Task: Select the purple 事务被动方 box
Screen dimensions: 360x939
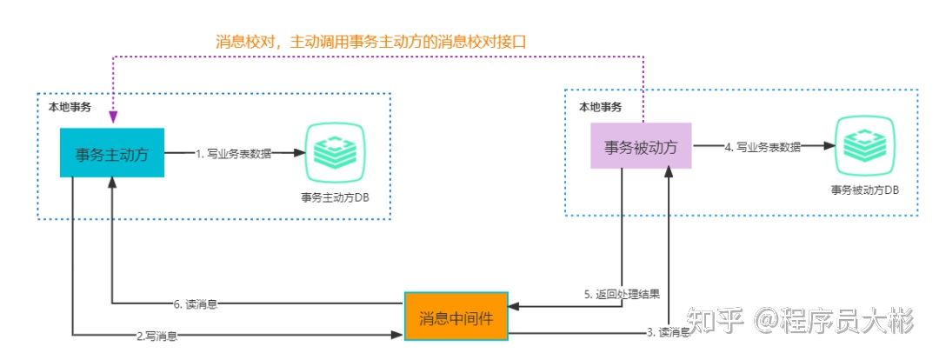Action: pyautogui.click(x=641, y=147)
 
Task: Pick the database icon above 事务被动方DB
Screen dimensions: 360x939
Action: pyautogui.click(x=864, y=144)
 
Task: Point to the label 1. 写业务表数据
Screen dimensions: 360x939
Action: pyautogui.click(x=233, y=154)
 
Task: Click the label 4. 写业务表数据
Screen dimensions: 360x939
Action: pyautogui.click(x=763, y=147)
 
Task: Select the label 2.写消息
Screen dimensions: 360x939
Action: pyautogui.click(x=163, y=334)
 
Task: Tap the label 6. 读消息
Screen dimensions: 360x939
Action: pyautogui.click(x=195, y=304)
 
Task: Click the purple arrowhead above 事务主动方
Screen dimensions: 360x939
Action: pyautogui.click(x=113, y=117)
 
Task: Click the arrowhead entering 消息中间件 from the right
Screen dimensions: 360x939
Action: pyautogui.click(x=513, y=305)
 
